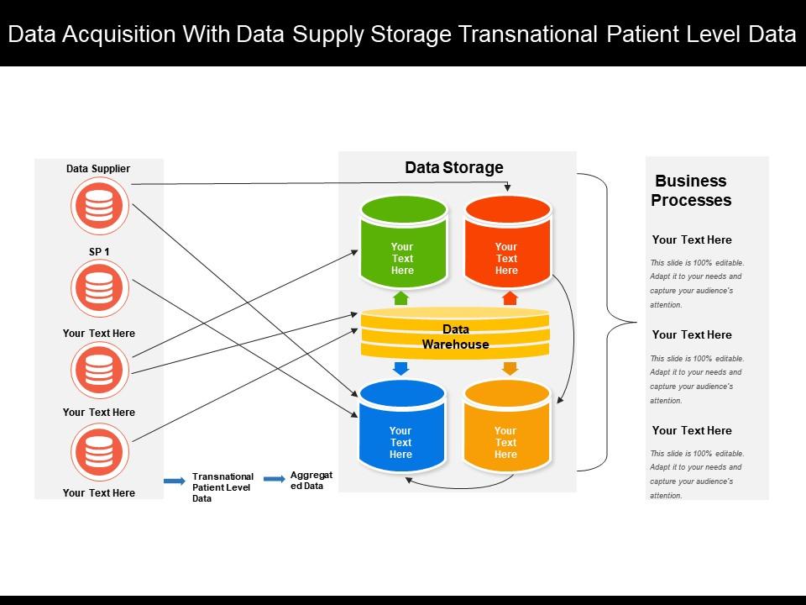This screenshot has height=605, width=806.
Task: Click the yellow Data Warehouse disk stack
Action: (x=455, y=335)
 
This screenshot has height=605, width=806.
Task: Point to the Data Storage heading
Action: (x=454, y=167)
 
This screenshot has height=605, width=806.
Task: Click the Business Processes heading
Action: (x=691, y=191)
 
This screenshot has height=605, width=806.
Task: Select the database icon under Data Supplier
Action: (x=98, y=207)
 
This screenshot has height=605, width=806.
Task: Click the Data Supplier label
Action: (x=98, y=169)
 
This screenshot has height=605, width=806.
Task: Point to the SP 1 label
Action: (x=98, y=251)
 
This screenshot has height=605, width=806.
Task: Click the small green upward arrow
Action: (x=401, y=297)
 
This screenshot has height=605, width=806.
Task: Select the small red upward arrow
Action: (x=509, y=297)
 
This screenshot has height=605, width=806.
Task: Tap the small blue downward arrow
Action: (x=401, y=368)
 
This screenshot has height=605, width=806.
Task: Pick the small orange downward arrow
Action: (x=509, y=368)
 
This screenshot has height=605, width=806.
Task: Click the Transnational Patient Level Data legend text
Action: (x=222, y=487)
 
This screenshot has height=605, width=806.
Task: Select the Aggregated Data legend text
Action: (x=311, y=481)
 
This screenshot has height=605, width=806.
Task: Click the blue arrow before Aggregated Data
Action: (x=275, y=479)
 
